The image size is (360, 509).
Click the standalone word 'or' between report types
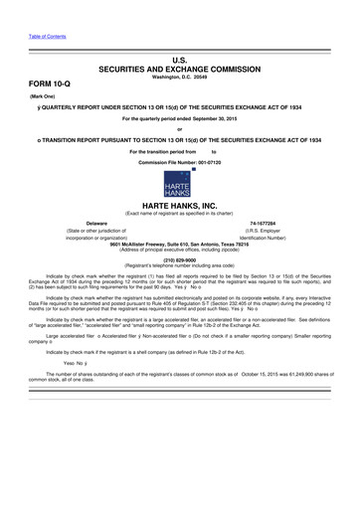(180, 131)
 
